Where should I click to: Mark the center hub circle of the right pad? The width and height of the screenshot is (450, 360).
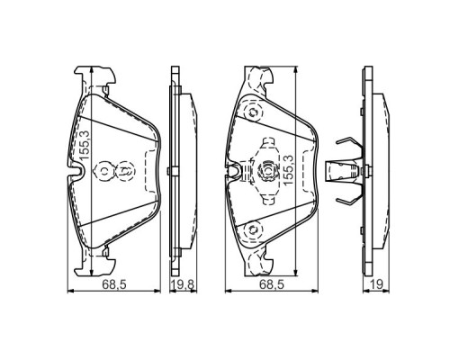(x=270, y=169)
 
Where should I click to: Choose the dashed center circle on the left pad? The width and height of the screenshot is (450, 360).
(x=125, y=168)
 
